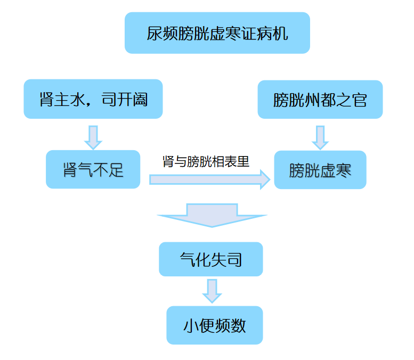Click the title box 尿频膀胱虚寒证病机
(x=217, y=34)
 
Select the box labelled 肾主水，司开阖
(x=93, y=99)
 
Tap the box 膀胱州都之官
(x=320, y=99)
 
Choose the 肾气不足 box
(x=93, y=170)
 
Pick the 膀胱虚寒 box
(x=320, y=170)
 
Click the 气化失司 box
(x=211, y=259)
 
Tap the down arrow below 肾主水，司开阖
(x=93, y=137)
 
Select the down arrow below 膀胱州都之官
(x=320, y=137)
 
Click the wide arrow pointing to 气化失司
(x=212, y=215)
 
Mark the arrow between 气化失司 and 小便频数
(x=212, y=290)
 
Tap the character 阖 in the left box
(x=140, y=100)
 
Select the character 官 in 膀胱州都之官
(x=360, y=100)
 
